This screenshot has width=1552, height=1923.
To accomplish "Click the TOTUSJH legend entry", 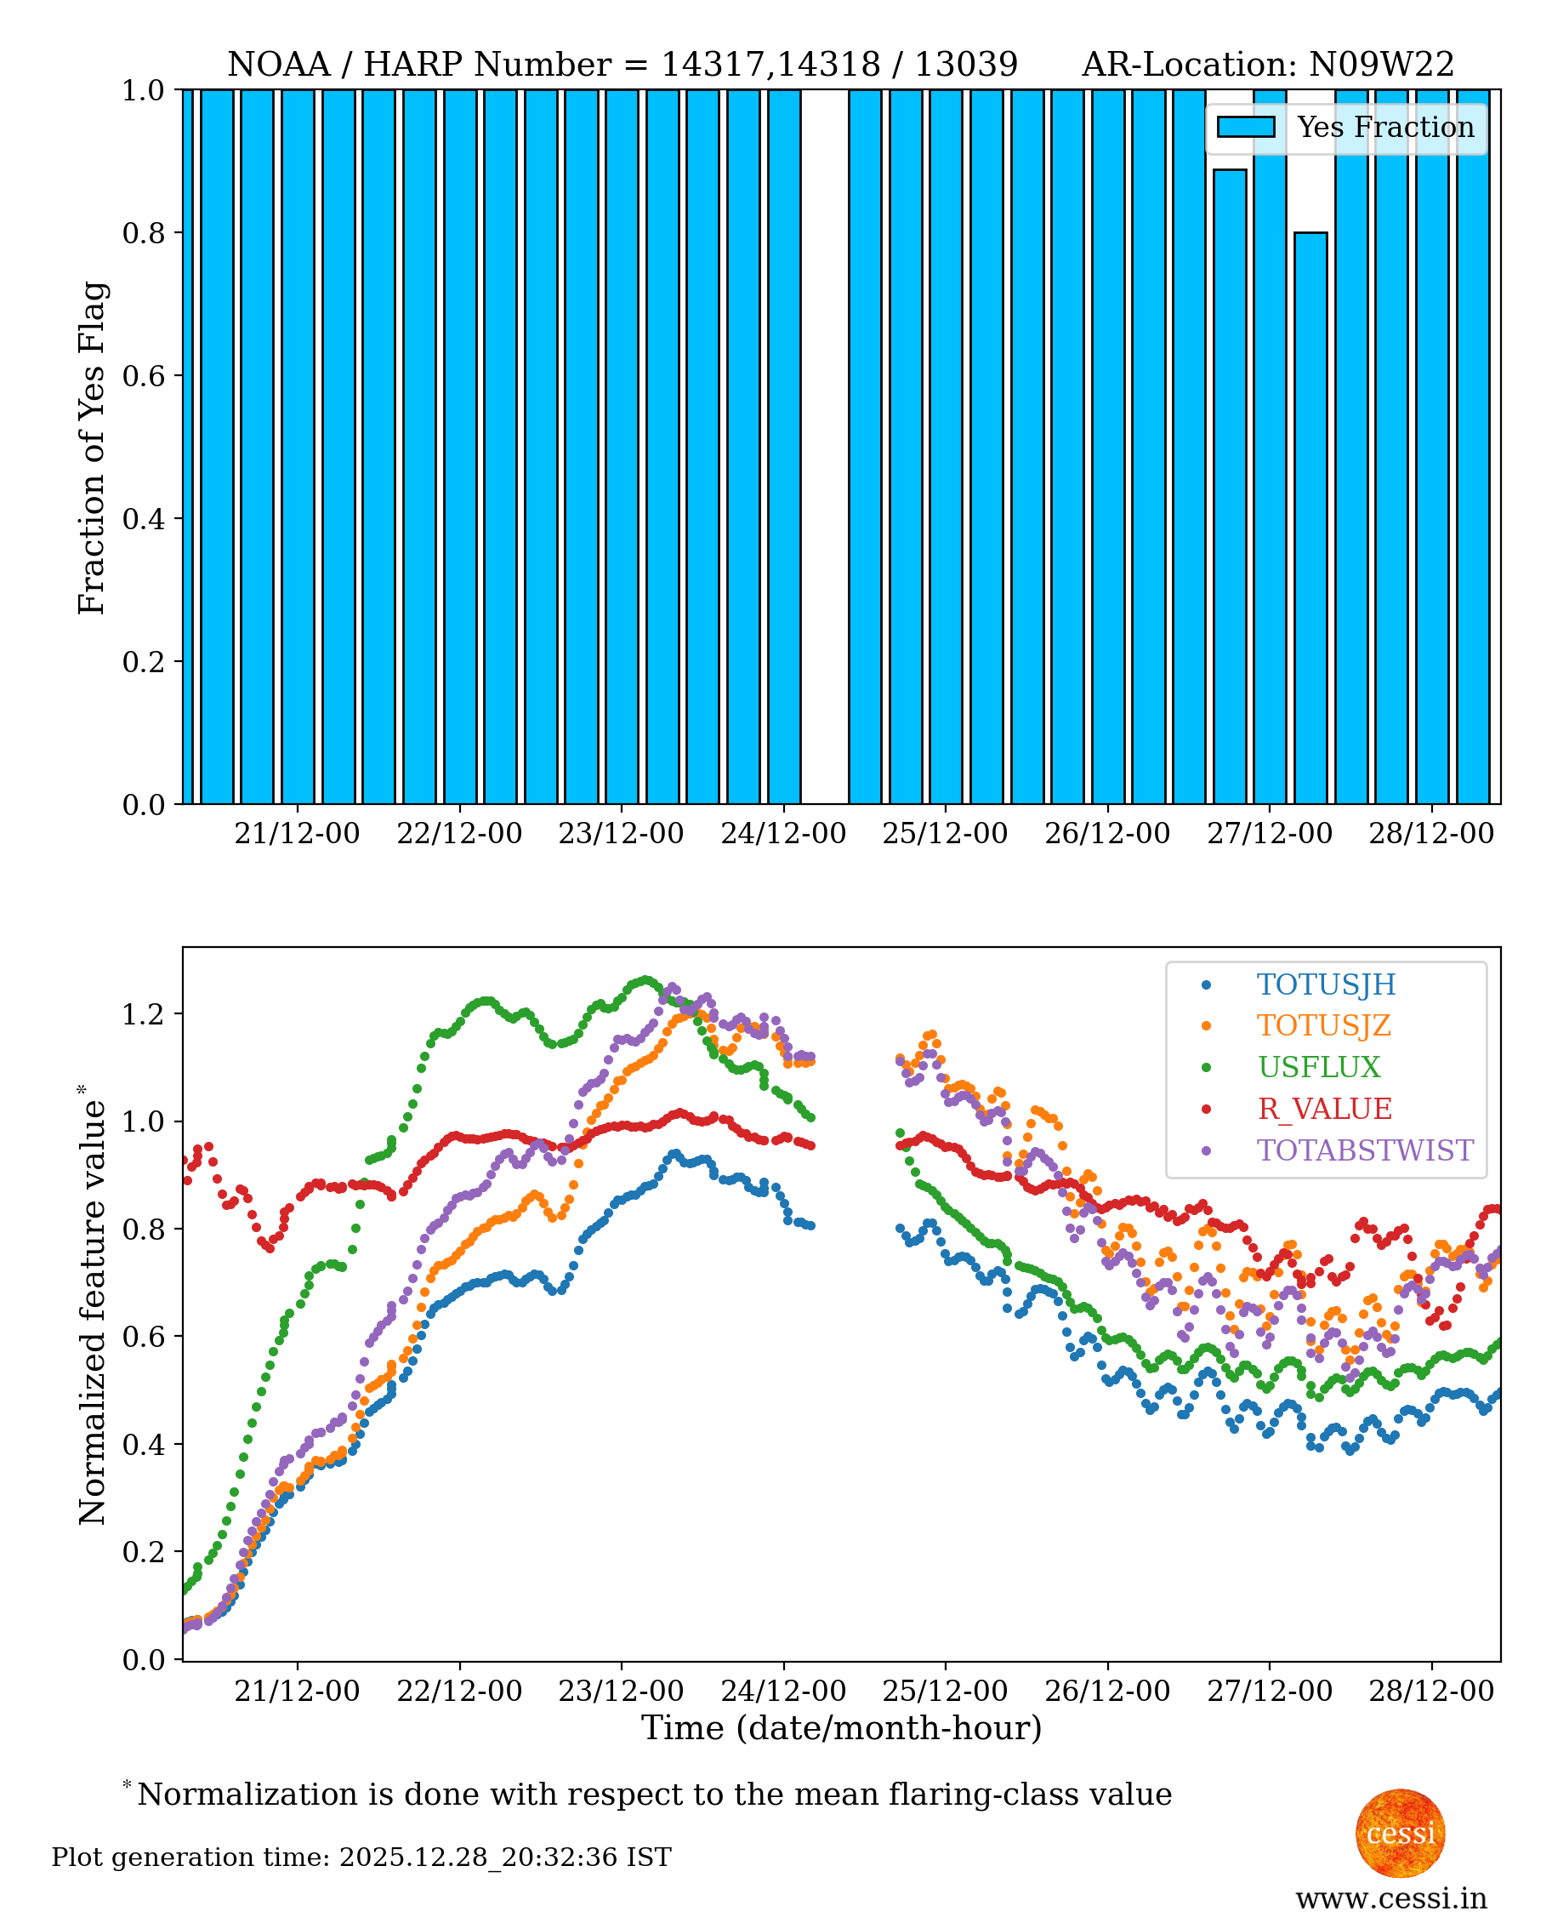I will (x=1326, y=984).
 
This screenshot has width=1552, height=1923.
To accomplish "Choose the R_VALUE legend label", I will (x=1324, y=1109).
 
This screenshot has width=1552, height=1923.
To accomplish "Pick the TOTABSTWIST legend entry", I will (x=1364, y=1150).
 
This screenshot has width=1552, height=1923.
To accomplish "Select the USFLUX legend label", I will (x=1319, y=1067).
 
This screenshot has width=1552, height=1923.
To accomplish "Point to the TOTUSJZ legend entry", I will (x=1323, y=1026).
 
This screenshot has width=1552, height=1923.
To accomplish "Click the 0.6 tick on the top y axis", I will (x=144, y=375).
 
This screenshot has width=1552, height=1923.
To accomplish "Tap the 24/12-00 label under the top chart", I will (x=783, y=834).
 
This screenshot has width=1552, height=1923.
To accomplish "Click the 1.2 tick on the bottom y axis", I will (x=144, y=1014).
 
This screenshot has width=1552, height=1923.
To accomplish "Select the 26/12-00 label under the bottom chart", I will (x=1106, y=1692).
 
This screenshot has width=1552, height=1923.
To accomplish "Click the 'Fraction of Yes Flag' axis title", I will (x=91, y=448).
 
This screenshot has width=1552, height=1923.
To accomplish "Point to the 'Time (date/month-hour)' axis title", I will (x=841, y=1728).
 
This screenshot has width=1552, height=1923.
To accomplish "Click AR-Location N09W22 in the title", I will (x=1268, y=65).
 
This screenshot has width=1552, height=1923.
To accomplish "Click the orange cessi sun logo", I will (x=1400, y=1833).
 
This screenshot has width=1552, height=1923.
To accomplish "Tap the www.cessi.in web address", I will (x=1391, y=1898).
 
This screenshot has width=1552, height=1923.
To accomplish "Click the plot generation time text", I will (x=361, y=1857).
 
